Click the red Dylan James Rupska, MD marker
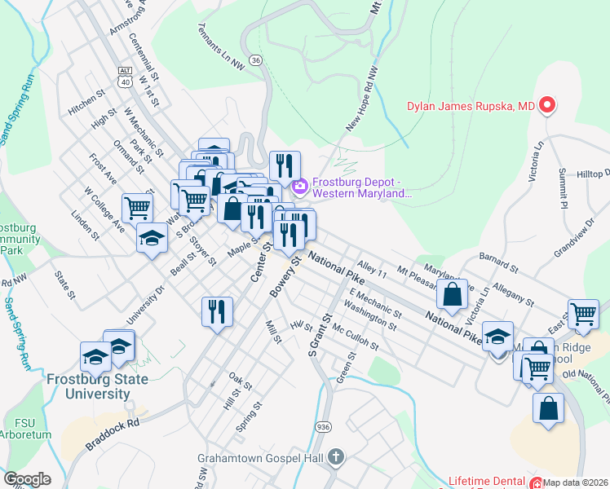pyautogui.click(x=547, y=106)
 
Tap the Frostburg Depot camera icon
pyautogui.click(x=299, y=188)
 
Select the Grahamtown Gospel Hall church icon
pyautogui.click(x=337, y=457)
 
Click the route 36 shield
pyautogui.click(x=256, y=60)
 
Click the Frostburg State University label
pyautogui.click(x=97, y=386)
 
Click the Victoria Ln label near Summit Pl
pyautogui.click(x=537, y=162)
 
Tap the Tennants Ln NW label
pyautogui.click(x=221, y=46)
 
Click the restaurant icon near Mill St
pyautogui.click(x=217, y=311)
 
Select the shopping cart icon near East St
pyautogui.click(x=584, y=314)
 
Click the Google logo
pyautogui.click(x=27, y=479)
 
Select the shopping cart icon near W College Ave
pyautogui.click(x=137, y=208)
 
